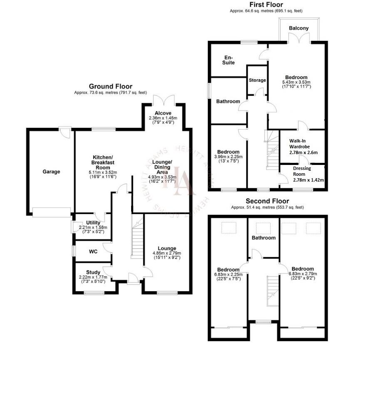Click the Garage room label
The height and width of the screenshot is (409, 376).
coord(51,172)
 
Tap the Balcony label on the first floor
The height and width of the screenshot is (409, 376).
coord(299,28)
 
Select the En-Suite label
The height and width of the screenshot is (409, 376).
coord(229,60)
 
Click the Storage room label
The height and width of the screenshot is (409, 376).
coord(257,80)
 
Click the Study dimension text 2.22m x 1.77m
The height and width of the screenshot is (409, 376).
coord(92,277)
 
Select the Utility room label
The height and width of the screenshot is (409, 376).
coord(93,222)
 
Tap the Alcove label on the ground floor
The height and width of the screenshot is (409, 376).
coord(162,113)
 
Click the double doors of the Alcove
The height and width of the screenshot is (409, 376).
coord(163,100)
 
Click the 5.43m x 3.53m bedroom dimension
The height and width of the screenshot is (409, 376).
coord(296,82)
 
